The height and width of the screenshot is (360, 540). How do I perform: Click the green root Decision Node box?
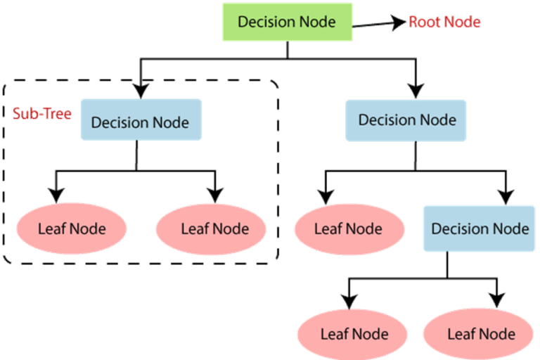pyautogui.click(x=287, y=22)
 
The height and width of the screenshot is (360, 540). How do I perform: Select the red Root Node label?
pyautogui.click(x=444, y=22)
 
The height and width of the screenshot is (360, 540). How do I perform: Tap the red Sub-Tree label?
pyautogui.click(x=42, y=114)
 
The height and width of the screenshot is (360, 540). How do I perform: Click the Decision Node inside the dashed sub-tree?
pyautogui.click(x=141, y=120)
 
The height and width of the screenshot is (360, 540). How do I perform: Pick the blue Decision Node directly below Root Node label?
pyautogui.click(x=406, y=120)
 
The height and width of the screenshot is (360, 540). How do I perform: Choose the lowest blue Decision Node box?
pyautogui.click(x=479, y=229)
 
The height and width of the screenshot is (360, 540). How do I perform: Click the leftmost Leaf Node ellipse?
pyautogui.click(x=72, y=229)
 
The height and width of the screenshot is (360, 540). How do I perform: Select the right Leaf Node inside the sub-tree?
pyautogui.click(x=211, y=229)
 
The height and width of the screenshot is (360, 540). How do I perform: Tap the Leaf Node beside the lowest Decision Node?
pyautogui.click(x=349, y=229)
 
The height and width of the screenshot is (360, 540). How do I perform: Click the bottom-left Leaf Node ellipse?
pyautogui.click(x=352, y=334)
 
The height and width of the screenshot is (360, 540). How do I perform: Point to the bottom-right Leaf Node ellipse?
pyautogui.click(x=478, y=334)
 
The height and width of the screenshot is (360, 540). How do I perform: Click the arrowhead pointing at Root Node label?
pyautogui.click(x=399, y=22)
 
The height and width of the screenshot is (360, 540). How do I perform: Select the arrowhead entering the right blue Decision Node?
pyautogui.click(x=416, y=91)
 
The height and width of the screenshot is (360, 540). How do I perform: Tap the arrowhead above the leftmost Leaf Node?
pyautogui.click(x=56, y=195)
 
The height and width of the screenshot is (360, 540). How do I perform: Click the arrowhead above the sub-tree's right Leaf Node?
pyautogui.click(x=215, y=195)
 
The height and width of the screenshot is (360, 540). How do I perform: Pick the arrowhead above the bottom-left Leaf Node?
pyautogui.click(x=349, y=302)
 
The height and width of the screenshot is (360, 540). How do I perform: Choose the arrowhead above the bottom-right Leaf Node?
pyautogui.click(x=497, y=300)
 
